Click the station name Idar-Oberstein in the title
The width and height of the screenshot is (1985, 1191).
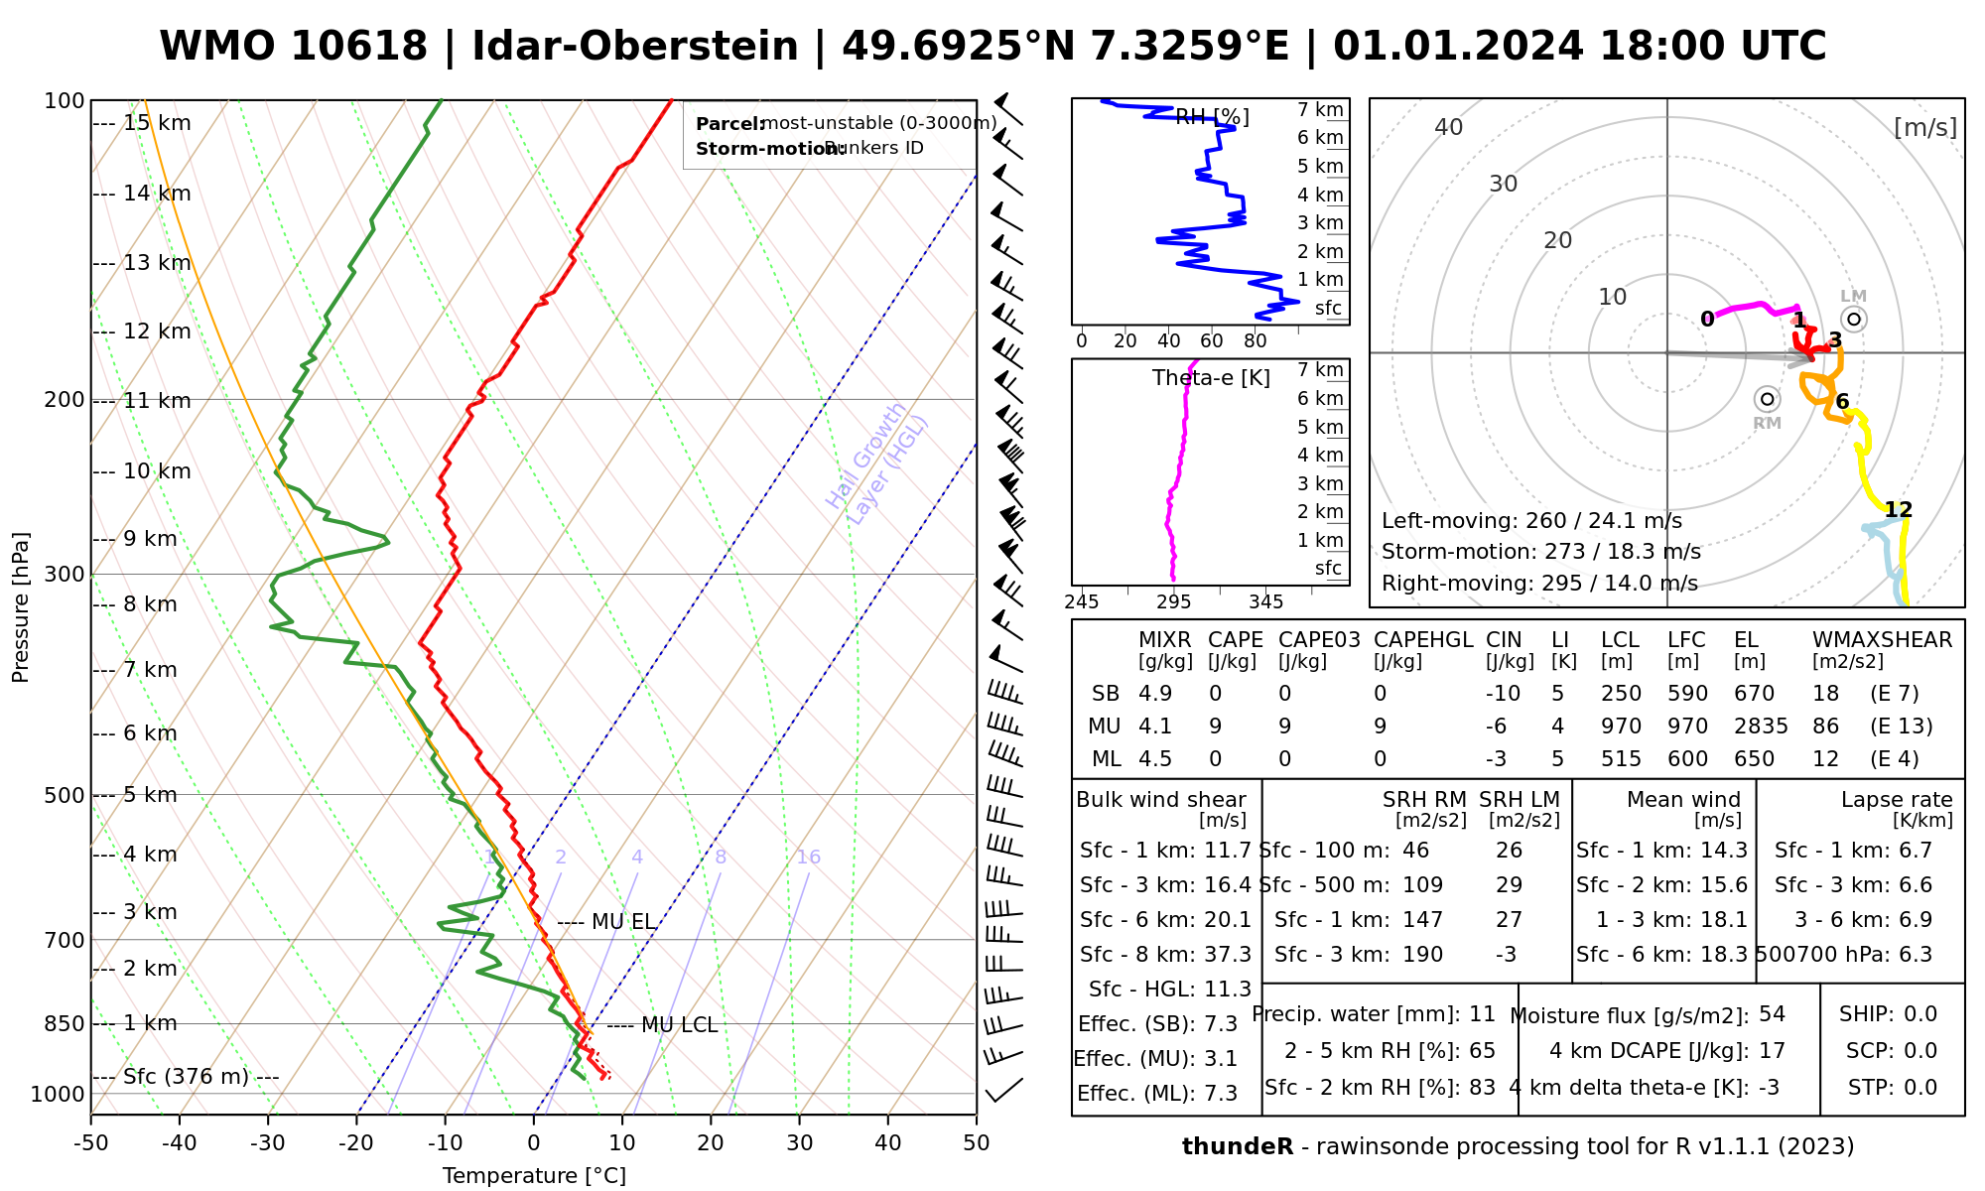coord(635,47)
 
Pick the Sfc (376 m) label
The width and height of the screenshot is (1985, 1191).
coord(186,1077)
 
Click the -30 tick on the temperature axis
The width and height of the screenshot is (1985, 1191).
coord(268,1143)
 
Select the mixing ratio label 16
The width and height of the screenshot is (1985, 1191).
coord(808,858)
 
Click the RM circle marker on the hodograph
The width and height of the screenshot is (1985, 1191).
coord(1767,399)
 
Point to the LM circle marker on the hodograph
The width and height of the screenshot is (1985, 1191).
coord(1853,319)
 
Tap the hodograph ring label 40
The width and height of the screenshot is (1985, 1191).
coord(1449,127)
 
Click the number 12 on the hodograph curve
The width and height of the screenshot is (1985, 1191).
coord(1899,510)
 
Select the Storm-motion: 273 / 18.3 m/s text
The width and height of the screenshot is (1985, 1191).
coord(1540,552)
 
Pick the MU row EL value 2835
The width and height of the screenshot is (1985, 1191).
coord(1761,727)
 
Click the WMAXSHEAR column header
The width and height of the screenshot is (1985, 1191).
coord(1882,640)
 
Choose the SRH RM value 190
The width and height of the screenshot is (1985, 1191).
coord(1422,955)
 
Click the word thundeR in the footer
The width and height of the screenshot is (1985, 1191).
coord(1238,1147)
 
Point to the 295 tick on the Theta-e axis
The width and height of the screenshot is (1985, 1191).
coord(1174,602)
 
